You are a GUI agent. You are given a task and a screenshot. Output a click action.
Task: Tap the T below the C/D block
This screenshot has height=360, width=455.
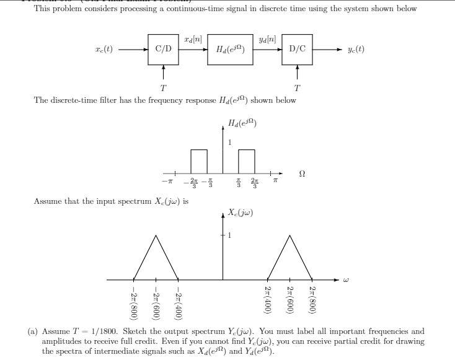pos(164,87)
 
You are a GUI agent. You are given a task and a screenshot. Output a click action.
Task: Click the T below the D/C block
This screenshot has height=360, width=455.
pos(297,87)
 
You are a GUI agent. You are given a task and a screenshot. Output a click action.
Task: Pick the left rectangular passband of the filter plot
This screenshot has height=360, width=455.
pos(199,161)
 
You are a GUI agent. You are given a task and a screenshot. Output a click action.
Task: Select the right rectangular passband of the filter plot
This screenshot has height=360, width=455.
pos(247,161)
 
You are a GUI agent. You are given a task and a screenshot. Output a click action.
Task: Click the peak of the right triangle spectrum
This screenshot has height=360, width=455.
pos(289,235)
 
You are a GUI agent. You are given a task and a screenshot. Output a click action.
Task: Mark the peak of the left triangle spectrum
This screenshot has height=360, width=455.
pos(156,235)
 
